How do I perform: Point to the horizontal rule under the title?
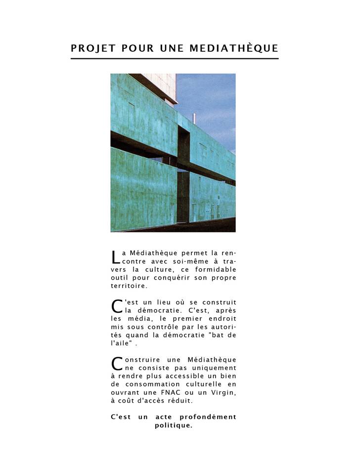(175, 59)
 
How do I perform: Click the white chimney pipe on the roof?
(194, 119)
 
